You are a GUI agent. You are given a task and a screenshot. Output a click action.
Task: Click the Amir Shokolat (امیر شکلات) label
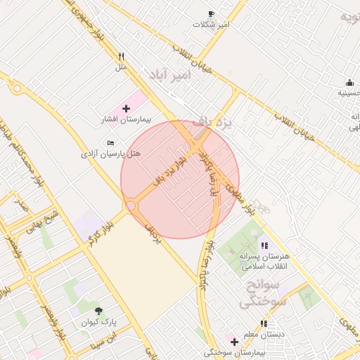click(x=212, y=25)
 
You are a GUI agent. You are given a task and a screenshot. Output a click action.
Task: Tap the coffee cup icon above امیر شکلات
click(x=211, y=13)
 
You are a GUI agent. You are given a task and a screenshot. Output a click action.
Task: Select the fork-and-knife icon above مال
click(x=121, y=56)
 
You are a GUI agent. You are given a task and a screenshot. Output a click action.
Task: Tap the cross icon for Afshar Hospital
click(x=126, y=108)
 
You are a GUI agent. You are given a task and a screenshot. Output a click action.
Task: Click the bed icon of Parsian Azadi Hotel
click(x=111, y=143)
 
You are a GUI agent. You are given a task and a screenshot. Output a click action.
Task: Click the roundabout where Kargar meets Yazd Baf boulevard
click(x=131, y=205)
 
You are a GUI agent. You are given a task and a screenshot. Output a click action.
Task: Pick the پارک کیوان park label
click(x=99, y=322)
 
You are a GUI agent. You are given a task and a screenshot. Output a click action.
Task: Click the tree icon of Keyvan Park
click(x=98, y=311)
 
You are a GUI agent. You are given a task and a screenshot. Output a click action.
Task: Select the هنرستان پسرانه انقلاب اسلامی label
click(x=264, y=262)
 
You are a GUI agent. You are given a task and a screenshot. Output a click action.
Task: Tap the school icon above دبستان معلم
click(x=264, y=323)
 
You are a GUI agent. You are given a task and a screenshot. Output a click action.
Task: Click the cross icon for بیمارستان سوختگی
click(x=234, y=342)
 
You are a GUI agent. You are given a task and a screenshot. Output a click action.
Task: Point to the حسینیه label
click(x=349, y=92)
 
